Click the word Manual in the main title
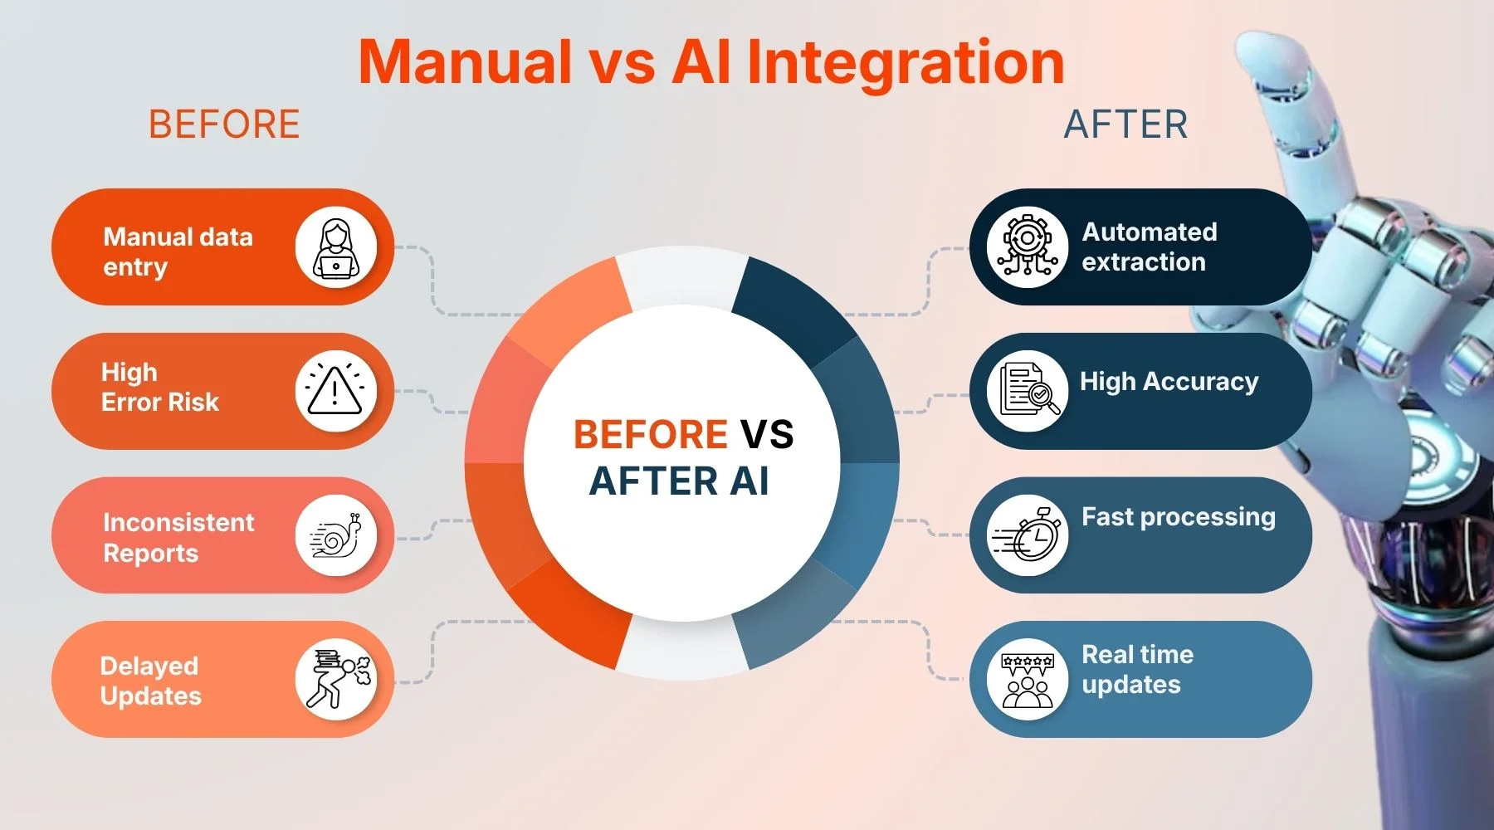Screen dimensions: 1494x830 tap(466, 61)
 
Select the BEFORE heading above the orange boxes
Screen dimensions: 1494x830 tap(224, 124)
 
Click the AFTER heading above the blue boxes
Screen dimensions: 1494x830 tap(1125, 124)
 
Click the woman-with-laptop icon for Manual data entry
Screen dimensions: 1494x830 tap(336, 247)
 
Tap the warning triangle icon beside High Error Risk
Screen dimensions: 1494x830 tap(336, 391)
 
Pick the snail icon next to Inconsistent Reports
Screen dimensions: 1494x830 tap(336, 535)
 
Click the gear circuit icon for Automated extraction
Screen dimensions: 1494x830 tap(1027, 247)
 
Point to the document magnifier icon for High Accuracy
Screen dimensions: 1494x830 tap(1027, 391)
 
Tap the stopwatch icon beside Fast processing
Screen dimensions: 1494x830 tap(1027, 535)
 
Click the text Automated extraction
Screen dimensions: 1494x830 tap(1150, 247)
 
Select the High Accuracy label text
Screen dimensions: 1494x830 tap(1169, 382)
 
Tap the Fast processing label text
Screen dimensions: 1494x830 tap(1179, 517)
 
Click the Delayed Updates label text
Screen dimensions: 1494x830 tap(150, 681)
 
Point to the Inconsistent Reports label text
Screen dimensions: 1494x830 tap(178, 538)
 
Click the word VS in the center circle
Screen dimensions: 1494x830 tap(767, 434)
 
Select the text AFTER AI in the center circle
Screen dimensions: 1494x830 tap(679, 481)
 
